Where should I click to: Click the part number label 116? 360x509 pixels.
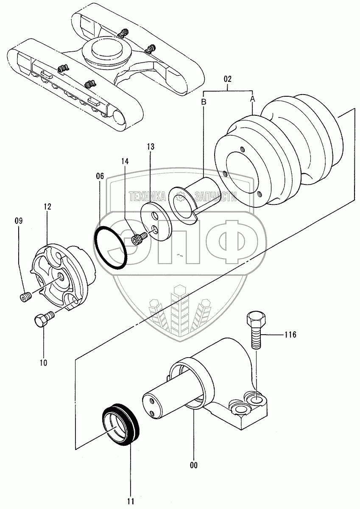point(290,335)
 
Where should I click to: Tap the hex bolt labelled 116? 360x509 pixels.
point(255,328)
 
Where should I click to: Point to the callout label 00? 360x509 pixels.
point(194,465)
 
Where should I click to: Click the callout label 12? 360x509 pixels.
point(47,207)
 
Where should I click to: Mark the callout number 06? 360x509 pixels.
point(99,175)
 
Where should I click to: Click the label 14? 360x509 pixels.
point(124,161)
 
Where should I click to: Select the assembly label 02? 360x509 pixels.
point(227,78)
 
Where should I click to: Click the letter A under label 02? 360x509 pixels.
point(252,98)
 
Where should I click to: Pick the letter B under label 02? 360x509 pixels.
point(203,103)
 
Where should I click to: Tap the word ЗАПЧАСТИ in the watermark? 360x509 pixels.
point(215,196)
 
